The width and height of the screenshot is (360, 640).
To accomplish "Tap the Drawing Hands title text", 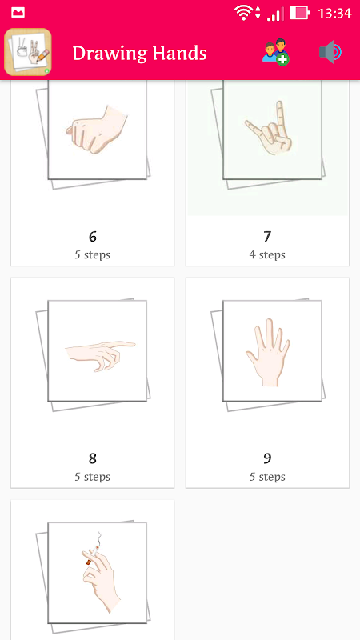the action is point(139,53).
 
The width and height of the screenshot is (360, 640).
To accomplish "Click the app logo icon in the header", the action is point(28,52).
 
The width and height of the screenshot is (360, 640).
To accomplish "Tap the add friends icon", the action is point(275,52).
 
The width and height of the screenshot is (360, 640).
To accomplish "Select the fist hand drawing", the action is point(97,130).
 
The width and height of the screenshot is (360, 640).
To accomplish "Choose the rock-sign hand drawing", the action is point(270,128).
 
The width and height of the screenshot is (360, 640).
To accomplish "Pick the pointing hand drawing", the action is point(101,355).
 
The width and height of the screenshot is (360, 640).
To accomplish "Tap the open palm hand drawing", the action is point(268,352).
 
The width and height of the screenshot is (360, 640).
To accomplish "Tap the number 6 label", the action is point(93,236).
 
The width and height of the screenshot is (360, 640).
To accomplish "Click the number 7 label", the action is point(267,236).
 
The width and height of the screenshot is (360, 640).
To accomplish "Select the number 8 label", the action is point(93,458).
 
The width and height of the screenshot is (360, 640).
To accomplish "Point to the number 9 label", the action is point(267,458).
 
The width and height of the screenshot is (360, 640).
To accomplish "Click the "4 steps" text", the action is point(267,255).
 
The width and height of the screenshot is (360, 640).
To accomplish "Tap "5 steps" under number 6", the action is point(93,255).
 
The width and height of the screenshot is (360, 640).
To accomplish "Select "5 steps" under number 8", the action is point(93,477).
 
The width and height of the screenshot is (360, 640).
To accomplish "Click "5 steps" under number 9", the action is point(267,477).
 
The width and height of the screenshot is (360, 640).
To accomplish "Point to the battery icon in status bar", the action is point(299,13).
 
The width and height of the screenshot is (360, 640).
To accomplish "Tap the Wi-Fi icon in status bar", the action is point(244,13).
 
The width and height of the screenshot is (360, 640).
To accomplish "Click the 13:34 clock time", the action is point(334,14).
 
